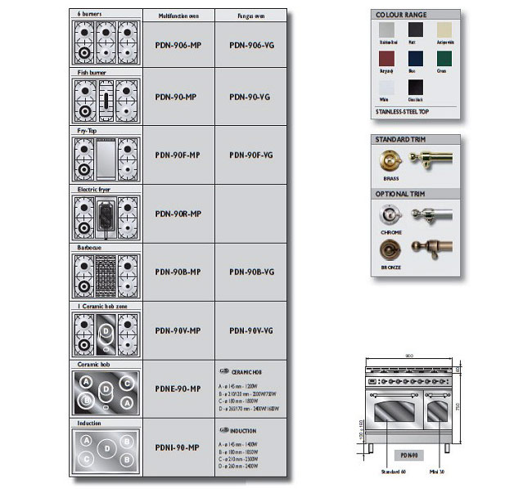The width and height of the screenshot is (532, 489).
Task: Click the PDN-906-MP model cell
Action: tap(178, 46)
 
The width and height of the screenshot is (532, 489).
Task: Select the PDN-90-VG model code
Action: tap(251, 97)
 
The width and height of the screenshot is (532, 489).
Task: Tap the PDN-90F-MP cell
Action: tap(178, 155)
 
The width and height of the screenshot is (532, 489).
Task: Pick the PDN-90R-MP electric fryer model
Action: tap(178, 214)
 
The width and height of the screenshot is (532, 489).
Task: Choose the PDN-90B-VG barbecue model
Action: tap(251, 272)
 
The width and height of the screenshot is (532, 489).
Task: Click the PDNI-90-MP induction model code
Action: tap(178, 447)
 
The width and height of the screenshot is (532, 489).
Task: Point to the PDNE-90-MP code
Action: tap(178, 388)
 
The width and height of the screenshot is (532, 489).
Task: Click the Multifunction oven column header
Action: tap(178, 16)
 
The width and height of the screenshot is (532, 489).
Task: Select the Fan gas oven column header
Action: tap(251, 16)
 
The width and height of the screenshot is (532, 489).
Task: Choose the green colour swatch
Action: tap(444, 60)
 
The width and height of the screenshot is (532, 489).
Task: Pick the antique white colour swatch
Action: tap(444, 31)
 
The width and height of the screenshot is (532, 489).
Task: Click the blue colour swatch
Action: tap(416, 60)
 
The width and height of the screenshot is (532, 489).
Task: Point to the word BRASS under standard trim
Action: tap(390, 177)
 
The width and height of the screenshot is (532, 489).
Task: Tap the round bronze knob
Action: tap(390, 249)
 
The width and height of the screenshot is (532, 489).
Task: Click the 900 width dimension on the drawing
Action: tap(409, 357)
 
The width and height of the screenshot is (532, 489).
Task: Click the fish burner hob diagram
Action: tap(106, 101)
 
